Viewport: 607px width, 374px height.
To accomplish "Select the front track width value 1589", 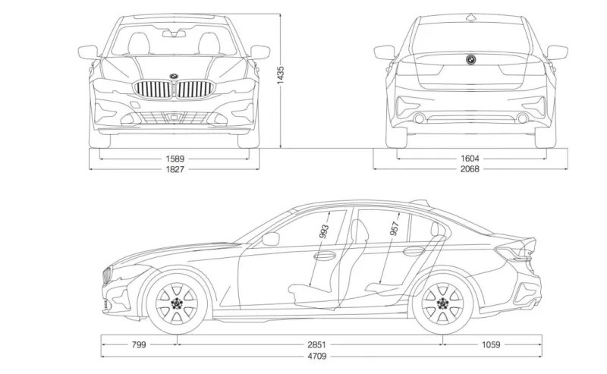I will (x=173, y=159).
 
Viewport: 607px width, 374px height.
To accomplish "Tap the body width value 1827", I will (x=173, y=168).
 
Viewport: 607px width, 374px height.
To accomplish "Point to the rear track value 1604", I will (x=470, y=159).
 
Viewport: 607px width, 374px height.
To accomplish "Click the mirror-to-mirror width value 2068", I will (x=470, y=168).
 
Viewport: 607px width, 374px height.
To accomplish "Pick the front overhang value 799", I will (x=139, y=344).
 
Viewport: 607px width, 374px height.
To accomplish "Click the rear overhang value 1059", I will (x=491, y=344).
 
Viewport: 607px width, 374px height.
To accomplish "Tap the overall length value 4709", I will (x=321, y=355).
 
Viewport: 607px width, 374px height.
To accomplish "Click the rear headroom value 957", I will (x=395, y=231).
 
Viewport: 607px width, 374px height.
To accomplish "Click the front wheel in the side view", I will (x=177, y=304).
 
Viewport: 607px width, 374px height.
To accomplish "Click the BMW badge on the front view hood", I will (x=174, y=75).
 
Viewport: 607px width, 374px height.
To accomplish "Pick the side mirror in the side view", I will (x=271, y=238).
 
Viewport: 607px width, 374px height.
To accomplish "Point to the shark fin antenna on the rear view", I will (x=470, y=16).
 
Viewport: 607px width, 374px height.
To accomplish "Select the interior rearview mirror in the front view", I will (x=175, y=33).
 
